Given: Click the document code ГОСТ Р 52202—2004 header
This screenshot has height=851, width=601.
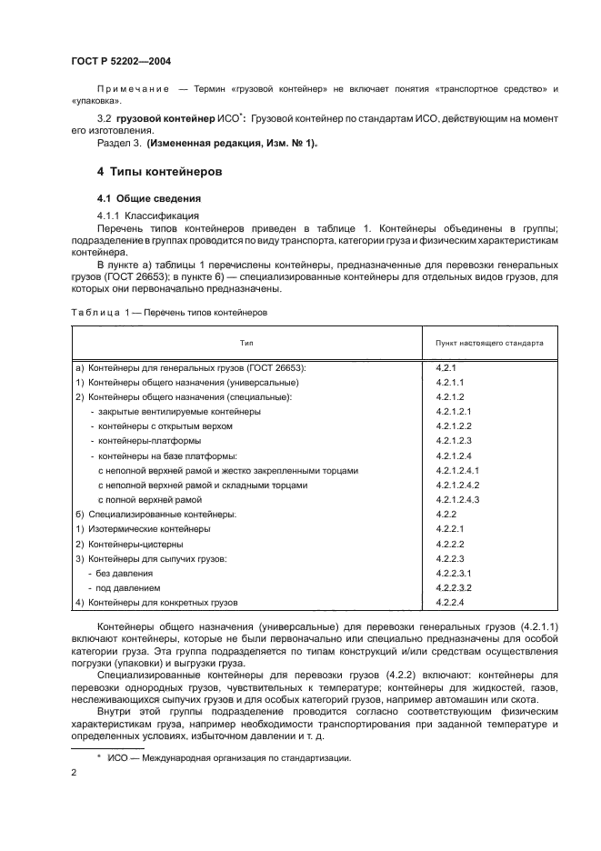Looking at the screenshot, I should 121,61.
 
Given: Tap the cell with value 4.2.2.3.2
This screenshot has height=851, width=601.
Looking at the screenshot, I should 455,587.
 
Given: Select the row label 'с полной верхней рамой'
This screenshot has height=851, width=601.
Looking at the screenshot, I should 149,499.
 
